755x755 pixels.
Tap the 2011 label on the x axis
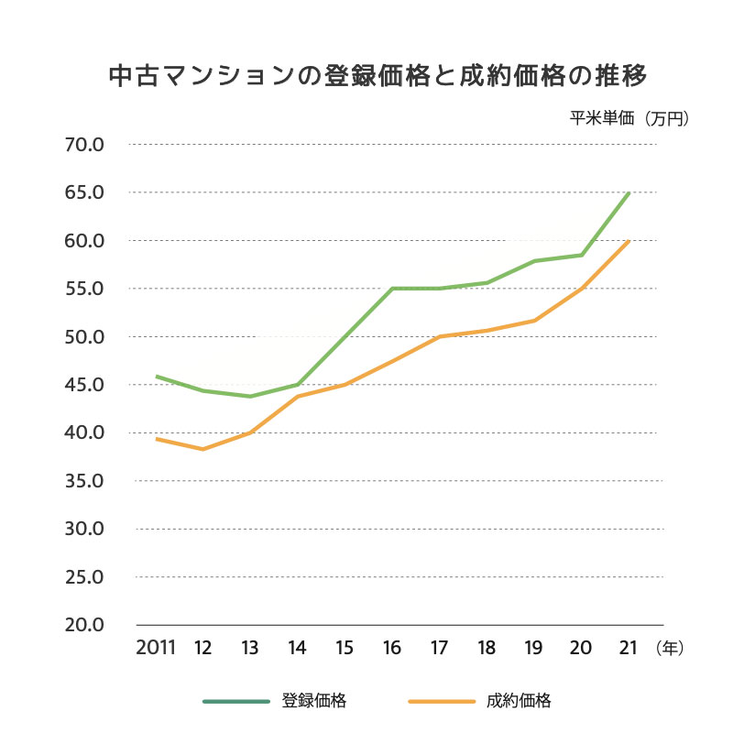[155, 648]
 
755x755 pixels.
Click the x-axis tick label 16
[392, 648]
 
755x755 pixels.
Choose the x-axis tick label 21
[628, 648]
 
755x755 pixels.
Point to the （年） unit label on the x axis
[670, 648]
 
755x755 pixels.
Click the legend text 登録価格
[313, 702]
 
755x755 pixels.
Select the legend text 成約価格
[519, 702]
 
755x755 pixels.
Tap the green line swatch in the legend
[236, 702]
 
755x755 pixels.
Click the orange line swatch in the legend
[442, 702]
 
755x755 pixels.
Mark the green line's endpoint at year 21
[629, 193]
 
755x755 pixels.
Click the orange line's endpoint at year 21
[629, 241]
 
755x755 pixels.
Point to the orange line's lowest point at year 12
[202, 449]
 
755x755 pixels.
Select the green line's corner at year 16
[392, 289]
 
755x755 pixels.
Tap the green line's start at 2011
[157, 377]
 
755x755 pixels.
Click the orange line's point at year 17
[440, 336]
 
